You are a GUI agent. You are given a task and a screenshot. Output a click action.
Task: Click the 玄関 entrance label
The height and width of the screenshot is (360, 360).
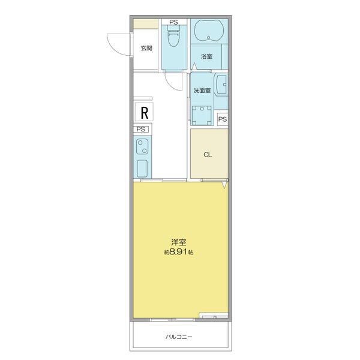(x=146, y=48)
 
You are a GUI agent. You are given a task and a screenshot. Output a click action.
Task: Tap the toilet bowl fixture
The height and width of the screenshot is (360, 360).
(x=173, y=36)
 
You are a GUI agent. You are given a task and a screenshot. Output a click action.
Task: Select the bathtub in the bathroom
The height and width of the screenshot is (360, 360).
(x=209, y=31)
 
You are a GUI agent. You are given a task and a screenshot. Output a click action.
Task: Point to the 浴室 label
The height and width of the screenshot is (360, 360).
(x=206, y=56)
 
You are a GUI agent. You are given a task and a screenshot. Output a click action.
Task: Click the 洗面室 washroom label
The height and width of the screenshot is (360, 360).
(x=202, y=91)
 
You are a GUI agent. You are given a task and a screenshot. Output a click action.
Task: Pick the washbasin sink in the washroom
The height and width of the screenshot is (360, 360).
(x=221, y=85)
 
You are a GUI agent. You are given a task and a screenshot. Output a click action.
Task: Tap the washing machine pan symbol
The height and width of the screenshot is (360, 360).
(x=202, y=115)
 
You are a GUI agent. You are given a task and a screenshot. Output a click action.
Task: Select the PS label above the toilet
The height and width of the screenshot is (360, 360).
(x=173, y=22)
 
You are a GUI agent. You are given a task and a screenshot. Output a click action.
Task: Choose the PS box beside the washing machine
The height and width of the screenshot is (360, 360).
(x=223, y=119)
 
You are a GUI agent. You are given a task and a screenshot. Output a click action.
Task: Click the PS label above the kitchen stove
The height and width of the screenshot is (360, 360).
(x=141, y=129)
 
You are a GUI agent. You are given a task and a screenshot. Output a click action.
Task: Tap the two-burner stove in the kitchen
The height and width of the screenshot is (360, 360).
(x=142, y=146)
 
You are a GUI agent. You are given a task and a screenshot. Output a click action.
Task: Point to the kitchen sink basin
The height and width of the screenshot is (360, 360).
(x=142, y=168)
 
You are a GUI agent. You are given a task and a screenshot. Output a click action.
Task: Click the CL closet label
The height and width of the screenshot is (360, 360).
(x=208, y=155)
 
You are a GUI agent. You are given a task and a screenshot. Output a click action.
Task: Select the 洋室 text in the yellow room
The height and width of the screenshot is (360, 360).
(x=179, y=242)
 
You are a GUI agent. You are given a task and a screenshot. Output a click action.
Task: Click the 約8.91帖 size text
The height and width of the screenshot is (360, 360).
(x=179, y=252)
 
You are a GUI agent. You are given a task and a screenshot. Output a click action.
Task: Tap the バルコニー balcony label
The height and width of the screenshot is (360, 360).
(x=179, y=337)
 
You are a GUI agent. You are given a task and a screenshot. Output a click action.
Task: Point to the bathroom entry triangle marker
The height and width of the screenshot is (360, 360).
(x=194, y=66)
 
